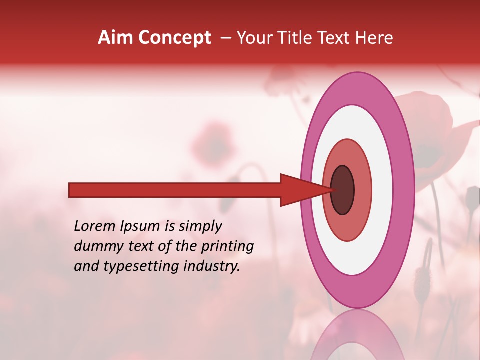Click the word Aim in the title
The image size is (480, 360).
[x=115, y=38]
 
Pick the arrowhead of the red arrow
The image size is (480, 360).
[x=300, y=190]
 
